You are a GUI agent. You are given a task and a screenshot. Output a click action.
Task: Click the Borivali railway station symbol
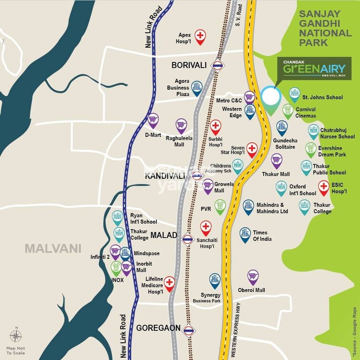click(x=218, y=66)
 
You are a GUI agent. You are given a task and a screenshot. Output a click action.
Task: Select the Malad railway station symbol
click(x=188, y=239)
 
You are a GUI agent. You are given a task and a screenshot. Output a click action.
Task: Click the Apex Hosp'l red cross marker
click(x=200, y=36)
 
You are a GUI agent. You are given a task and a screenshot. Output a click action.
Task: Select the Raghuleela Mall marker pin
click(x=181, y=124)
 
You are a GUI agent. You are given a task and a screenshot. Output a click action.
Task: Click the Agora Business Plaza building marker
click(x=196, y=87)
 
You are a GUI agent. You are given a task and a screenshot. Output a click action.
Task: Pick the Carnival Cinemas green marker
click(x=288, y=110)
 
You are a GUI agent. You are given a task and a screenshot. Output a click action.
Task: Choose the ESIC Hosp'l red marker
click(x=324, y=187)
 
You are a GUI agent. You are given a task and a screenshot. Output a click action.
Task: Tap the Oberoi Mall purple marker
click(x=253, y=276)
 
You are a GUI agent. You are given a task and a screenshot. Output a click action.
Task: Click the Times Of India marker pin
click(x=245, y=233)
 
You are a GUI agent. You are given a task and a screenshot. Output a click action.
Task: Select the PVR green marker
click(x=220, y=206)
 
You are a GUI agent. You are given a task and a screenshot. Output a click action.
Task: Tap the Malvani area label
click(x=53, y=248)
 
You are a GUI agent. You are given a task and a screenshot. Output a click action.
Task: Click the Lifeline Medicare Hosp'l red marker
click(x=169, y=283)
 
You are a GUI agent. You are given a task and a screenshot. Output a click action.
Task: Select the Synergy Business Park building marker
click(x=215, y=279)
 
